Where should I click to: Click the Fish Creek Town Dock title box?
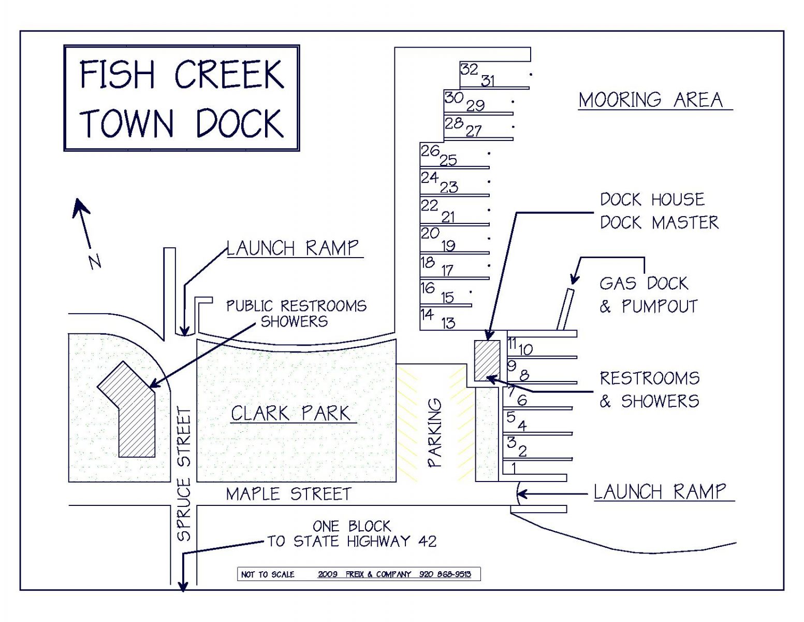[181, 98]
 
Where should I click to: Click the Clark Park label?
[290, 413]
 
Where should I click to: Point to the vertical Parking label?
[435, 433]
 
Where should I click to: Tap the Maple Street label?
[288, 494]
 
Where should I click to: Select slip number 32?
[469, 69]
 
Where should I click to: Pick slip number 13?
[448, 323]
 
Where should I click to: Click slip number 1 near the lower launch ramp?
[514, 468]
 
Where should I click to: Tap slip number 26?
[430, 151]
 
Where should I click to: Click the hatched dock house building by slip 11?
[487, 360]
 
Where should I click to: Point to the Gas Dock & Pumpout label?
[648, 294]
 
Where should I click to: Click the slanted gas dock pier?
[565, 309]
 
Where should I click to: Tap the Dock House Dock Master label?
[659, 211]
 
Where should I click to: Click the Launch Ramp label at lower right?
[660, 491]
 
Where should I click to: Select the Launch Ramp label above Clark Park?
[293, 248]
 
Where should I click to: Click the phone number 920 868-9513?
[445, 574]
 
